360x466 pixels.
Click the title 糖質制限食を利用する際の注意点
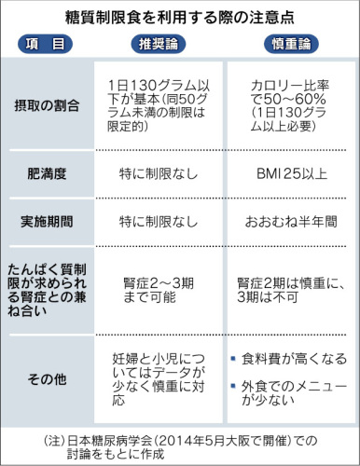[x=180, y=17]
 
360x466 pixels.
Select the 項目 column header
[x=45, y=43]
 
